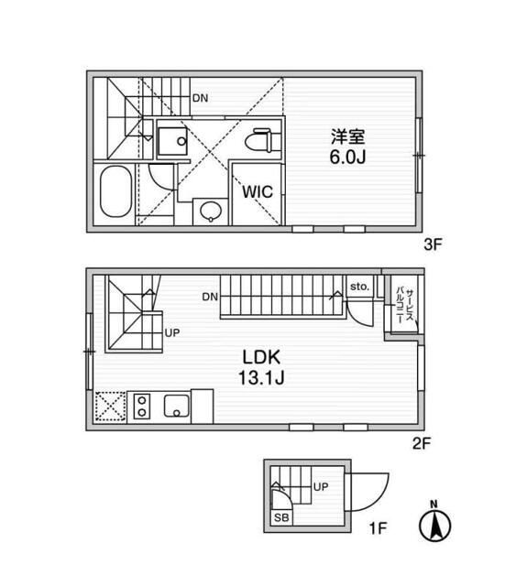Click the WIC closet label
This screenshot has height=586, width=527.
(258, 192)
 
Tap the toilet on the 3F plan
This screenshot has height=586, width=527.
(262, 140)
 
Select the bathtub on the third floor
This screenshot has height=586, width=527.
(116, 191)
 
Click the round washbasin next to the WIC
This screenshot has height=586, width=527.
(211, 212)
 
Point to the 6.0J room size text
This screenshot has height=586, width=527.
(347, 157)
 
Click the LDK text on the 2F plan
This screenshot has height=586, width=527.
(261, 358)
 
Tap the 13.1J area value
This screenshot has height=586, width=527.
(261, 378)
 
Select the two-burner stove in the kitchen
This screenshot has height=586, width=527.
(142, 407)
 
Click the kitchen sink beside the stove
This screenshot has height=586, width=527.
(177, 406)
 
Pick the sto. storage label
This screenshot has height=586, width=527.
(359, 287)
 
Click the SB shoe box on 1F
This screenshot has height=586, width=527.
(281, 518)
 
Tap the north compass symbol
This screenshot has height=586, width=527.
(434, 523)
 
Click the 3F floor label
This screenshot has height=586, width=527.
(433, 245)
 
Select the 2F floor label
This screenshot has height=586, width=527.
(422, 443)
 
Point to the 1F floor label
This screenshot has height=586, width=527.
(378, 528)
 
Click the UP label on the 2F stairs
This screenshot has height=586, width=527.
(172, 332)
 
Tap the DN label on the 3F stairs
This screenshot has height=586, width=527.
(200, 98)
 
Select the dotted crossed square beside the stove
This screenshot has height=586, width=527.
(110, 407)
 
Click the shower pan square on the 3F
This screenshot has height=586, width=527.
(172, 140)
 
